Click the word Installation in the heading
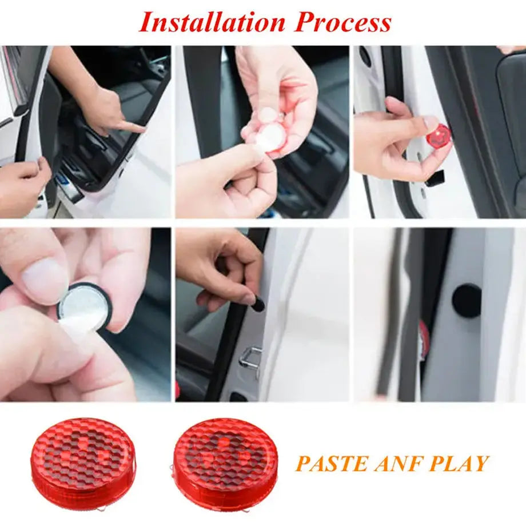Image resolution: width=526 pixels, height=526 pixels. point(212,22)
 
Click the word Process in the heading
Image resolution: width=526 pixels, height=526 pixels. point(343,22)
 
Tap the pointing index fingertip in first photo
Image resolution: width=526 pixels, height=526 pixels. point(140,128)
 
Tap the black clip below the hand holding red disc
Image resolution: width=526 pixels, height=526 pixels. point(435,178)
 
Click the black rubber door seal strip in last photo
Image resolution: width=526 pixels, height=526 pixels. point(391,312)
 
